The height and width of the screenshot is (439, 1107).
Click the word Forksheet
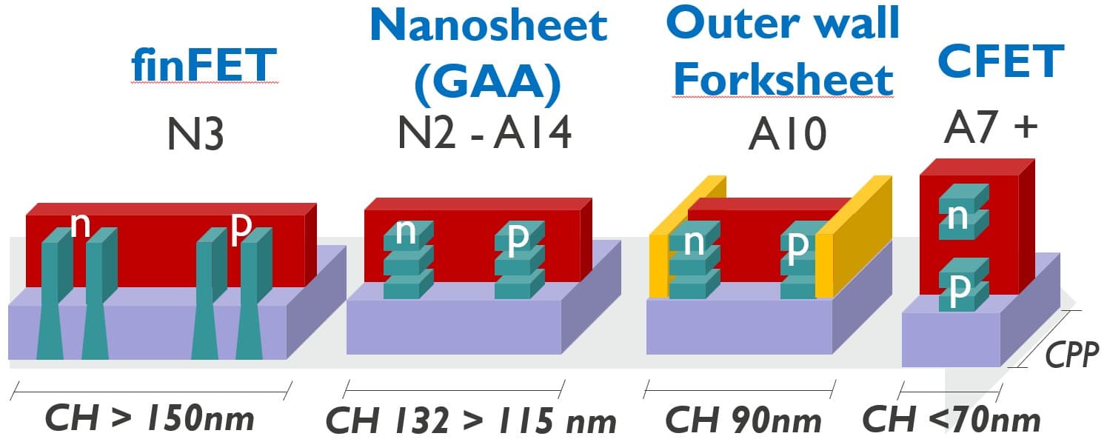(x=783, y=79)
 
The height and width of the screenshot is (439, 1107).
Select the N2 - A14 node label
(x=485, y=133)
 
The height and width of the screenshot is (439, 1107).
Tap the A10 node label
(x=786, y=135)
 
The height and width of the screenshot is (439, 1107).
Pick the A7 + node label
(x=991, y=127)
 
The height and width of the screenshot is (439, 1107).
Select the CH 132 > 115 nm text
(x=471, y=421)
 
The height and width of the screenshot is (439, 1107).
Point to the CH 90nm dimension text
(x=743, y=420)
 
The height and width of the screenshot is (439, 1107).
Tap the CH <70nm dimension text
(x=952, y=420)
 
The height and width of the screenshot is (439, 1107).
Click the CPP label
(x=1071, y=356)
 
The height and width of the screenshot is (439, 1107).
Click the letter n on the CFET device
(x=958, y=215)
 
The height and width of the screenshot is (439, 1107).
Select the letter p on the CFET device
(x=959, y=290)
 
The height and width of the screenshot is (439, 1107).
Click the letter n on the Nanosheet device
(x=405, y=231)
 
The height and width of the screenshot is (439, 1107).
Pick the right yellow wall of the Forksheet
(x=852, y=237)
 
